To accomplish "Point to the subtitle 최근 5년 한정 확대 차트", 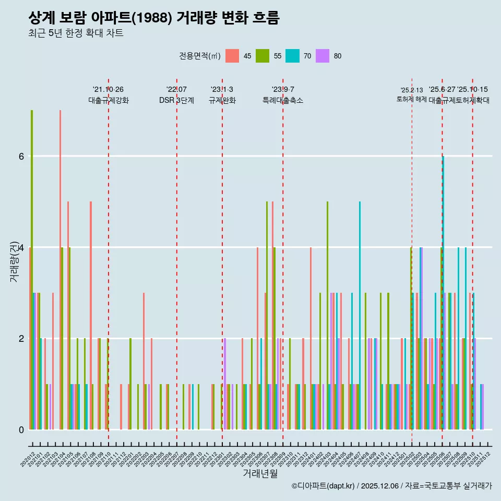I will coord(76,33).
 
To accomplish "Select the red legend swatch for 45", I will coord(232,56).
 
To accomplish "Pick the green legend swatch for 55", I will coord(262,56).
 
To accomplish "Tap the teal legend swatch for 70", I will coord(292,56).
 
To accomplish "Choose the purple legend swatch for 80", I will coord(323,56).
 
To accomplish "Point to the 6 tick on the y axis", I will coord(21,156).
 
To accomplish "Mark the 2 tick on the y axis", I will coord(21,338).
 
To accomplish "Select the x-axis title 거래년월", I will coord(260,473).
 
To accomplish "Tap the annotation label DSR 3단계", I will coord(176,100).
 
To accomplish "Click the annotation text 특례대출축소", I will coord(282,100).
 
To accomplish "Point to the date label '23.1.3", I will coord(222,90).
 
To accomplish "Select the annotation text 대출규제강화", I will coord(108,100).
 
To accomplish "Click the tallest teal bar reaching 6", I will coord(443,292).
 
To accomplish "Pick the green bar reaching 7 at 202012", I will coord(32,269).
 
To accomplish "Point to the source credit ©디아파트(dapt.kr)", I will coord(324,486).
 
